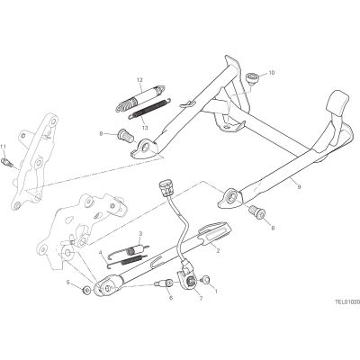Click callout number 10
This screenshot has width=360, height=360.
(x=271, y=73)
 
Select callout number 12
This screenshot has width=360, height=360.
(x=139, y=80)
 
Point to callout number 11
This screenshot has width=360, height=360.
(x=3, y=147)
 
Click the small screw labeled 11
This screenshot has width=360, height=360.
(x=6, y=162)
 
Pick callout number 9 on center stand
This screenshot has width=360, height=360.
(x=299, y=187)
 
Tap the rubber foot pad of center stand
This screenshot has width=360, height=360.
(x=338, y=104)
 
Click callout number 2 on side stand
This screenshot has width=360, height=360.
(x=218, y=251)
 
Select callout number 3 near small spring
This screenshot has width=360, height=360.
(x=140, y=233)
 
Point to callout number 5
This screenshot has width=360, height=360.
(x=67, y=282)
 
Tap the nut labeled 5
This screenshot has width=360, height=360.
(x=87, y=290)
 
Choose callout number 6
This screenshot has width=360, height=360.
(x=171, y=298)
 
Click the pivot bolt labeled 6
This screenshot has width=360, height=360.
(x=164, y=283)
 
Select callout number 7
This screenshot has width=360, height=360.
(x=201, y=298)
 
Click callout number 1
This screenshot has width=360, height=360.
(x=215, y=291)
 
